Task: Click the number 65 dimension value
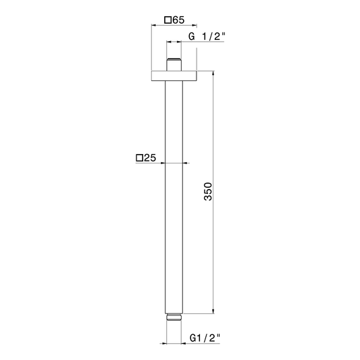click(178, 20)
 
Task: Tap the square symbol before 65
click(168, 20)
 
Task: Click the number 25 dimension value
click(150, 158)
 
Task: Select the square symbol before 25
click(139, 158)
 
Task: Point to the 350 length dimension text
click(208, 191)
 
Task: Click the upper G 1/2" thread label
click(207, 36)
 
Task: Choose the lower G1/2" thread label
click(205, 338)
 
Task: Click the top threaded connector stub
click(174, 65)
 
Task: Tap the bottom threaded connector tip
click(174, 317)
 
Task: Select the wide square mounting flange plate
click(174, 76)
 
